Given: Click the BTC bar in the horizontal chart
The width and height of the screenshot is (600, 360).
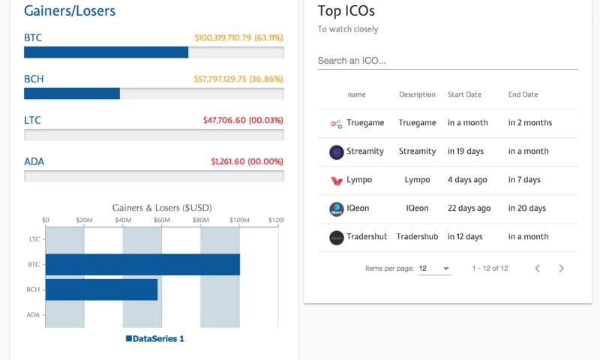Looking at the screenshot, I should click(x=142, y=265).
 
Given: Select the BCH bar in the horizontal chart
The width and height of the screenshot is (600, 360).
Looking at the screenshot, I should click(x=101, y=289).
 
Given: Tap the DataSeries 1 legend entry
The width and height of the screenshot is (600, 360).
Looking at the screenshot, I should click(x=155, y=338).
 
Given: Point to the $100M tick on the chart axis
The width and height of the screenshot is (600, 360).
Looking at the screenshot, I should click(x=239, y=220).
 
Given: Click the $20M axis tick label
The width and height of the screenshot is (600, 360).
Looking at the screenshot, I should click(x=84, y=220).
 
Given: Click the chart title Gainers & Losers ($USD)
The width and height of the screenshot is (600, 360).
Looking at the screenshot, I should click(x=162, y=207).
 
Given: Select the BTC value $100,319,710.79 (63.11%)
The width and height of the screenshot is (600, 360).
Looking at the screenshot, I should click(x=238, y=37).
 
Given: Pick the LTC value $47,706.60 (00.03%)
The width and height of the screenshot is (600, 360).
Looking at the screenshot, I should click(x=243, y=120).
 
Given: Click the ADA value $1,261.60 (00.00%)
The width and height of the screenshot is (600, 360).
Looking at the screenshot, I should click(x=247, y=161).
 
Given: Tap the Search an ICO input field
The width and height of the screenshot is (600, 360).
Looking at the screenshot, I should click(x=447, y=61).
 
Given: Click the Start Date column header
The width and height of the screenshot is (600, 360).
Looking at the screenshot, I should click(x=464, y=94).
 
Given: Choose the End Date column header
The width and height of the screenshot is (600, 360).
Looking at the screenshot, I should click(x=523, y=94).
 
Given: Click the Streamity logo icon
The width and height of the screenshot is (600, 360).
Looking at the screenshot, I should click(x=336, y=151).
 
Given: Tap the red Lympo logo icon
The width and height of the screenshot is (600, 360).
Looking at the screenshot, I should click(x=336, y=180).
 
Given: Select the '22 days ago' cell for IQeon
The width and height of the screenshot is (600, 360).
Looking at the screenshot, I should click(x=469, y=208).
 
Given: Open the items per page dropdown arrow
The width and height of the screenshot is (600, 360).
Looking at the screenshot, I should click(x=446, y=268).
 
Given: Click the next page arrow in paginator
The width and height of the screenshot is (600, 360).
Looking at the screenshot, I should click(x=561, y=268).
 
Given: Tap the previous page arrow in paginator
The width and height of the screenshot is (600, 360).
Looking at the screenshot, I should click(x=537, y=268).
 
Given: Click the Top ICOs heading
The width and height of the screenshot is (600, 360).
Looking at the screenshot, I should click(x=346, y=10).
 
